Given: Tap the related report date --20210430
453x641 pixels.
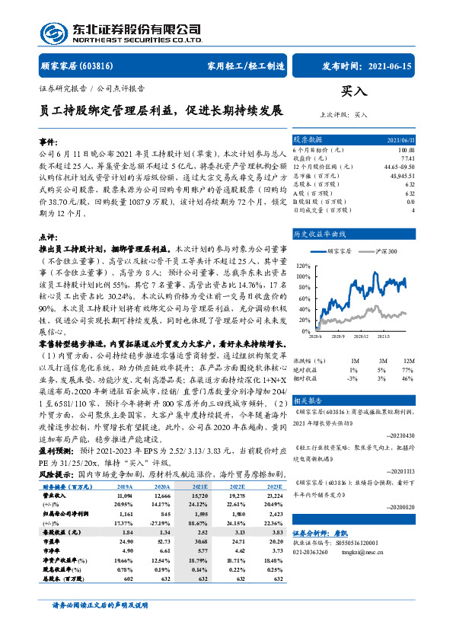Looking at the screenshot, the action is coord(400,438).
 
